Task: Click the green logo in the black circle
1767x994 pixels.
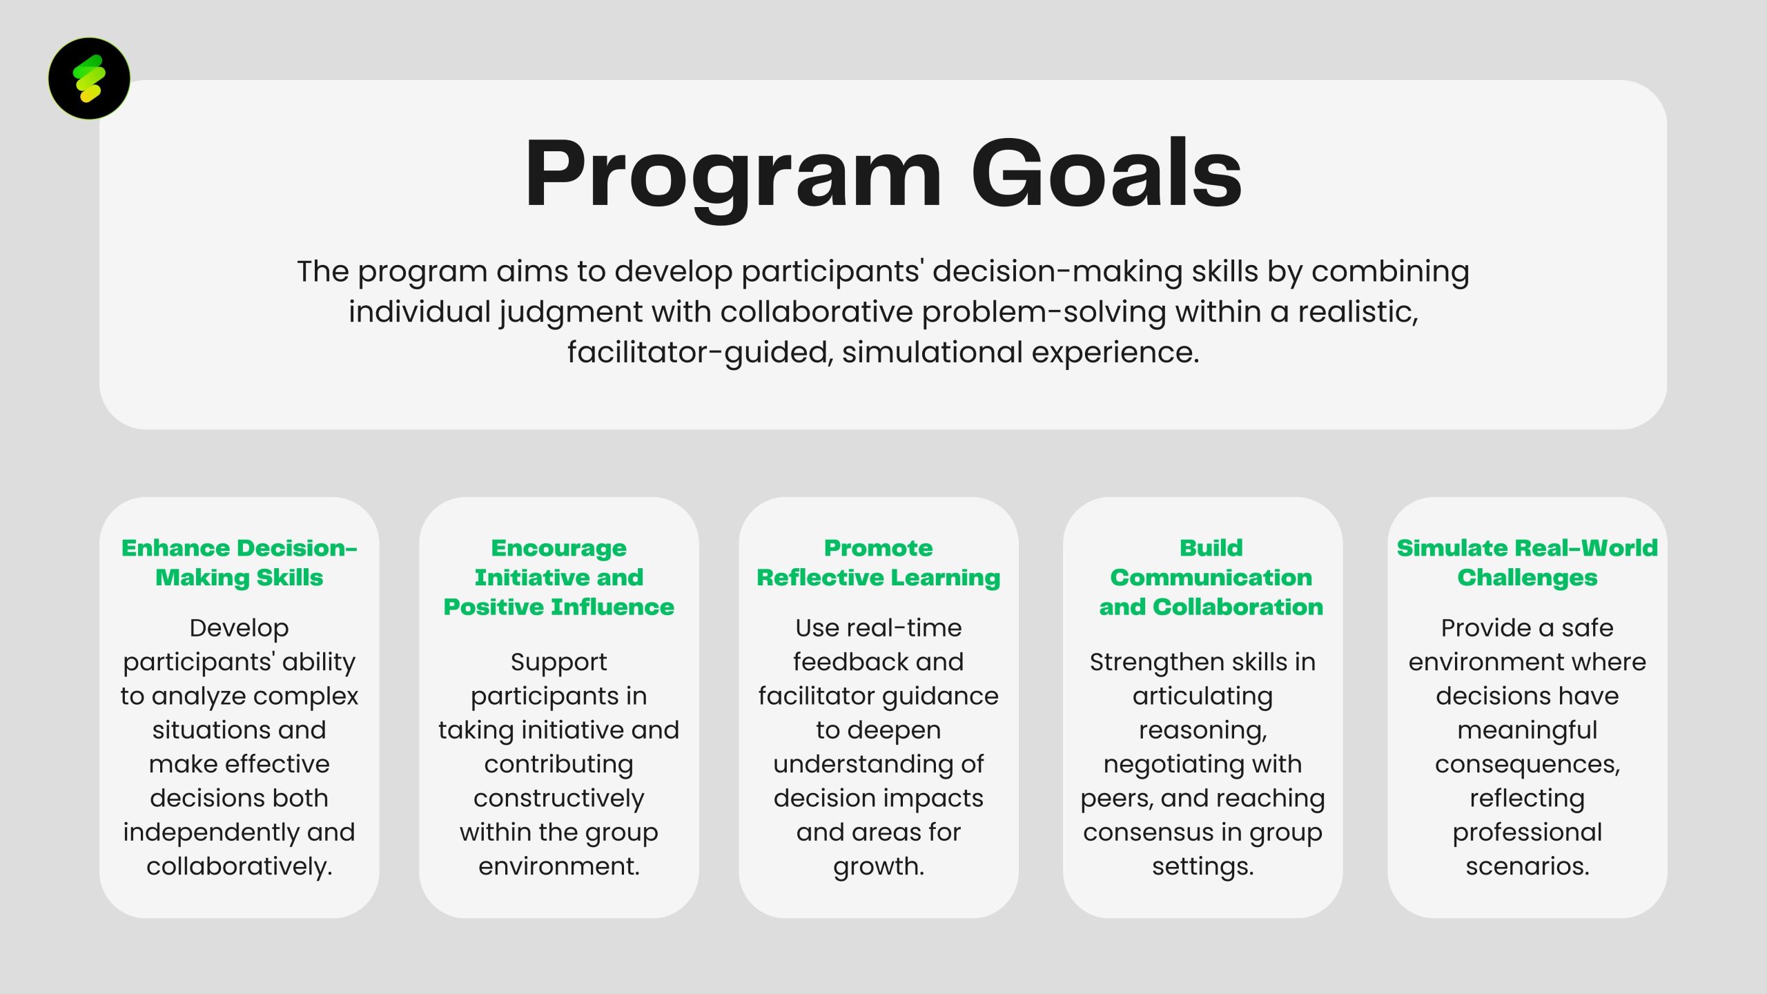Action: click(x=89, y=78)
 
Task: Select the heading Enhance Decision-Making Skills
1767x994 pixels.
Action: click(x=239, y=563)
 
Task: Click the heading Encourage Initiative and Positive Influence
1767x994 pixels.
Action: click(x=558, y=577)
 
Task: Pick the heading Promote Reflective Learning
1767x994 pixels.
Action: click(x=878, y=563)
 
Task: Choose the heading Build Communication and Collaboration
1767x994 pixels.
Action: click(x=1211, y=577)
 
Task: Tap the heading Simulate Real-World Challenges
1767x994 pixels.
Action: click(x=1527, y=563)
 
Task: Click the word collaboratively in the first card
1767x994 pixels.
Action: click(x=239, y=866)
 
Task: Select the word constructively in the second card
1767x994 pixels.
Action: click(x=558, y=798)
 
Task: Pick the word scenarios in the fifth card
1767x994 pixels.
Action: click(x=1527, y=866)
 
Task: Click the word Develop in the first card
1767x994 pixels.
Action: click(x=239, y=628)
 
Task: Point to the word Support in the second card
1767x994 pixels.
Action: click(x=558, y=662)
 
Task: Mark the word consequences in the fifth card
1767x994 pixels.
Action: click(x=1527, y=764)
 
